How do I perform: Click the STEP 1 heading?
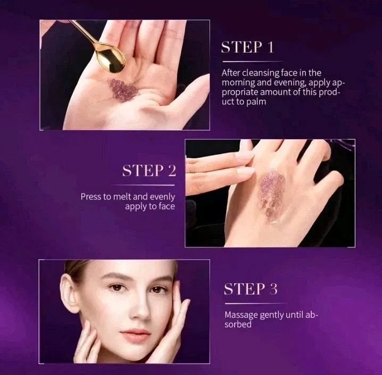[247, 47]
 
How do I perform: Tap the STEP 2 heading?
[149, 170]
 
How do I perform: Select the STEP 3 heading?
[251, 289]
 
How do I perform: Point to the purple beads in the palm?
[122, 89]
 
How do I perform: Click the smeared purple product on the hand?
[272, 196]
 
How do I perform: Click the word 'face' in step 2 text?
[167, 206]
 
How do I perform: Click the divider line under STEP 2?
[143, 185]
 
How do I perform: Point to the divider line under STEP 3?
[255, 304]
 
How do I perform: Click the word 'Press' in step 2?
[90, 196]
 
